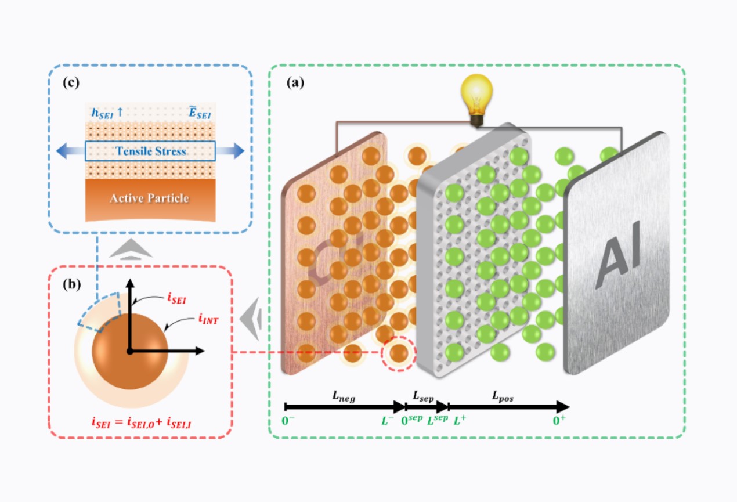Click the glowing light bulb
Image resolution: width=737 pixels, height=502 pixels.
tap(476, 96)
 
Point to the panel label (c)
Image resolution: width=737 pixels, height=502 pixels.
tap(71, 82)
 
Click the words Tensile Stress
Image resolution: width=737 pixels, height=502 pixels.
tap(150, 151)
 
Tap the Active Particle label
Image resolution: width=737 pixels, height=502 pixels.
tap(150, 198)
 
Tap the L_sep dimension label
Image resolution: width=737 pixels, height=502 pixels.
tap(424, 395)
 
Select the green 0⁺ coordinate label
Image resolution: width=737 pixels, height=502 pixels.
tap(558, 420)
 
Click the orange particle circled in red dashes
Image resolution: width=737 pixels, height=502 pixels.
tap(398, 352)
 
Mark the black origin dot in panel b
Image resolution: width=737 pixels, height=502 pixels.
tap(130, 351)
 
